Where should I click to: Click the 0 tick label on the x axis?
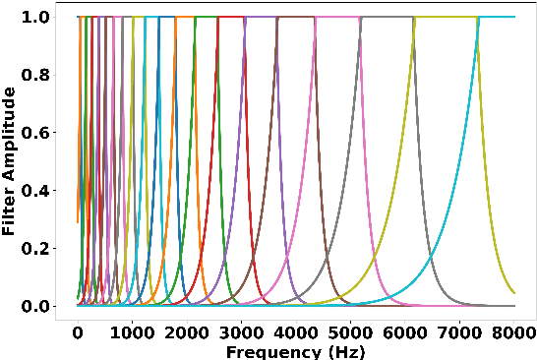click(x=78, y=332)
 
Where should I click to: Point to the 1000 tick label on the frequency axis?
click(x=132, y=332)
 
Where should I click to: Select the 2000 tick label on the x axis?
click(x=187, y=332)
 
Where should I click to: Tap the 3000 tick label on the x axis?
click(x=241, y=332)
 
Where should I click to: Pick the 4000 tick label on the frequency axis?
click(x=296, y=332)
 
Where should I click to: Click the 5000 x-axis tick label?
click(x=350, y=332)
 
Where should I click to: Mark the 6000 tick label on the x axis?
click(x=405, y=332)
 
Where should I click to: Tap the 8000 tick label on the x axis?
click(x=514, y=332)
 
